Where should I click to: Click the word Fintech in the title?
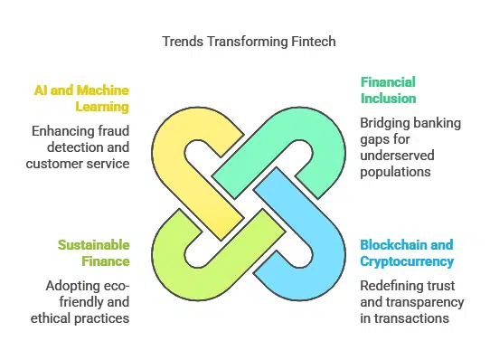314,42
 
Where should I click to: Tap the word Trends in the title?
183,42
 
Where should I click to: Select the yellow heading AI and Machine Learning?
81,99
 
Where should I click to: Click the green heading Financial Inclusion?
388,90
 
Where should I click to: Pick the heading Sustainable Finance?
93,253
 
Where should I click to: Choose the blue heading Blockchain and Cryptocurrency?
407,253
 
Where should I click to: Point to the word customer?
52,164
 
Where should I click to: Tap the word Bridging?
381,123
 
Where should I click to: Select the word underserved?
397,156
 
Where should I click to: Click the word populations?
395,172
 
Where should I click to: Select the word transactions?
412,318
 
